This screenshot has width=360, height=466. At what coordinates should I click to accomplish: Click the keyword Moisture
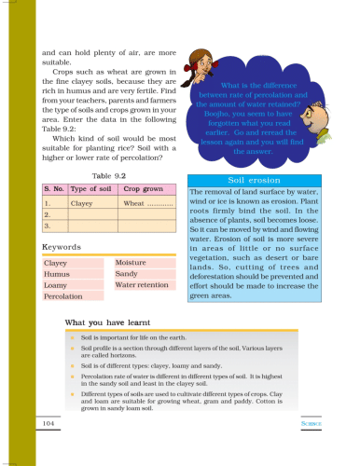pos(132,264)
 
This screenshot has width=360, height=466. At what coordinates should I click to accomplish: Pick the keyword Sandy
pos(126,275)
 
